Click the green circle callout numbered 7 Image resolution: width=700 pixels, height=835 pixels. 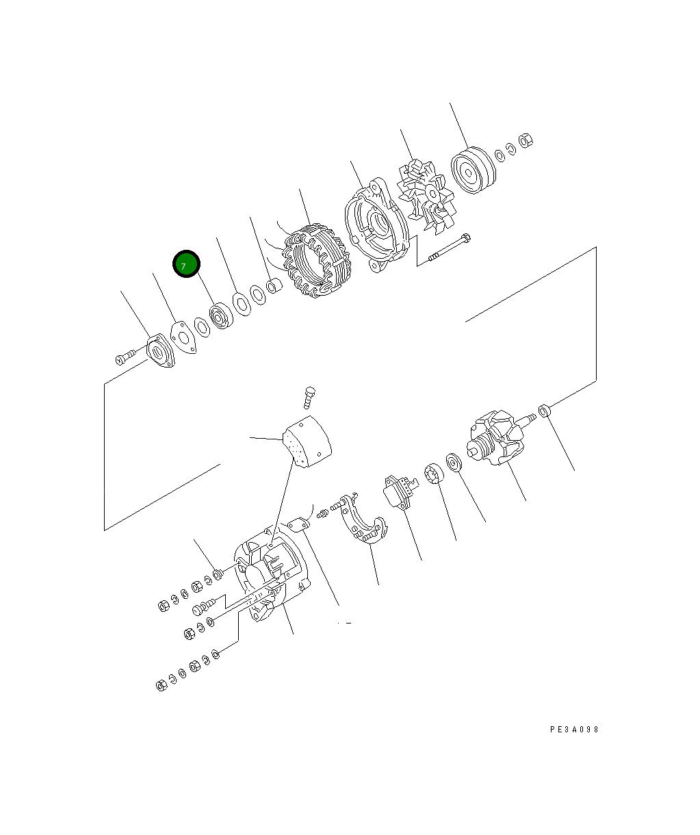click(186, 265)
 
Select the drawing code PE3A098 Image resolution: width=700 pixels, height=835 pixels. click(574, 730)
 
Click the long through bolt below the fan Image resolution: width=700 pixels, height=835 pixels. click(448, 248)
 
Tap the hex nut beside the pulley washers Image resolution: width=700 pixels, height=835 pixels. click(526, 141)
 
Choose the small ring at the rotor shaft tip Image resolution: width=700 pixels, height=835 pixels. click(545, 411)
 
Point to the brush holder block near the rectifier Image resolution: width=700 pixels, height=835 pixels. click(400, 491)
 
